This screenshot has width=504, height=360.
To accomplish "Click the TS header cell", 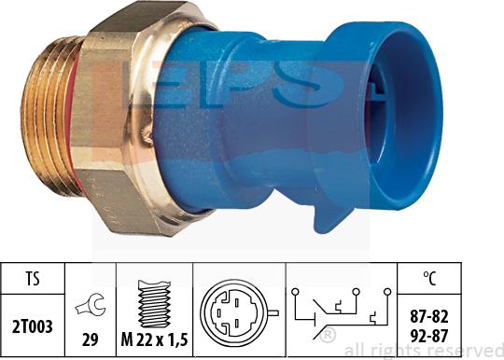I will tap(33, 277).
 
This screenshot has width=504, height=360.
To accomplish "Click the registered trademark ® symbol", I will tap(329, 333).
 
